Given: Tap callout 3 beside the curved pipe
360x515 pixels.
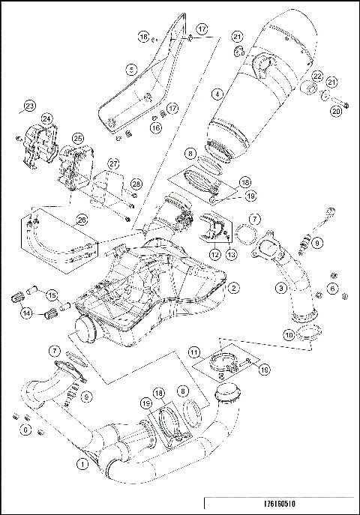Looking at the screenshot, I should tap(280, 287).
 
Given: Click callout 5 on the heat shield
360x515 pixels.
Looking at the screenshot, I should tap(131, 69).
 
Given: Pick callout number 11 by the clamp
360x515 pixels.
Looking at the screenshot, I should tap(193, 352).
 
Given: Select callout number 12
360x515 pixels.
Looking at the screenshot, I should tap(214, 255).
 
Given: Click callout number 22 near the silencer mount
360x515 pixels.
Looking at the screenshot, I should tap(318, 76).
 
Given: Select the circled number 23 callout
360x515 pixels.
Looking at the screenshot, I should tap(29, 104).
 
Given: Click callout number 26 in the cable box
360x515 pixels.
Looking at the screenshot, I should tap(82, 220).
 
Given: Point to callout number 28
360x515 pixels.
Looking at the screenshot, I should tap(136, 184).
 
